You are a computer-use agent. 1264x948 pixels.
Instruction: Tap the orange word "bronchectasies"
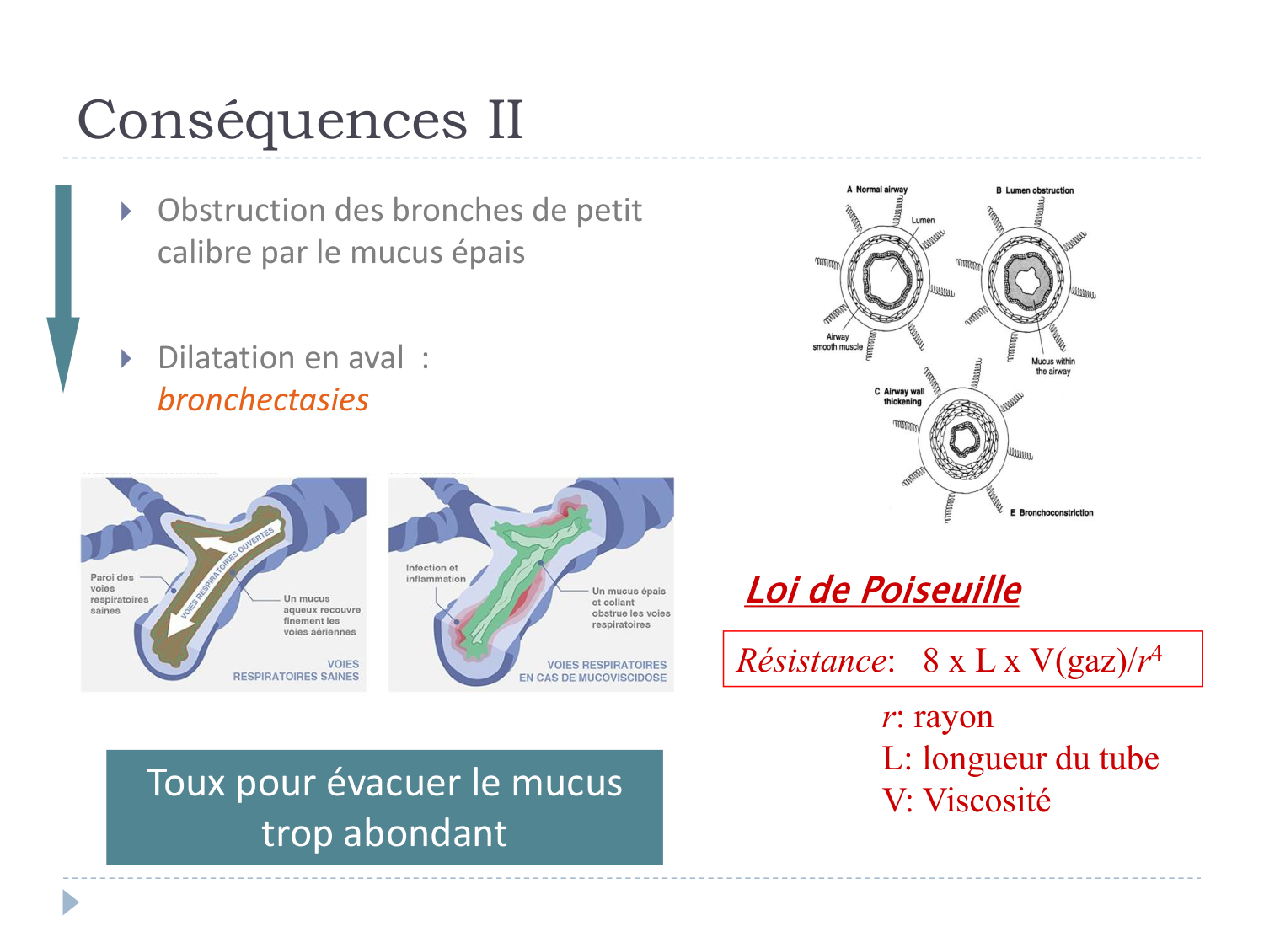click(263, 399)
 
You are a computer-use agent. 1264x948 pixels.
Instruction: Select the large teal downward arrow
click(63, 287)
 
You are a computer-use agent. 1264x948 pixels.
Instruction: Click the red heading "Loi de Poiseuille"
click(882, 590)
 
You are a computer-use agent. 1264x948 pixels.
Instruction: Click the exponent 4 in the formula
click(1155, 652)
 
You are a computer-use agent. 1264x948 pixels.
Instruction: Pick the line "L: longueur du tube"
click(1020, 758)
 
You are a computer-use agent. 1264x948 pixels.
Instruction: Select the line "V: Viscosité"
click(966, 801)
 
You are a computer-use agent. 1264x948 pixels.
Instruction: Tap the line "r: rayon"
click(937, 717)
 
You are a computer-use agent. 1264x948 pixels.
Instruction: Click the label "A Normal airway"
click(877, 190)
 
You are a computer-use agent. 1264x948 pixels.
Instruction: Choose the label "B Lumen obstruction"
click(1035, 190)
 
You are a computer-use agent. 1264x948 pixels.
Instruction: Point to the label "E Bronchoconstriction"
click(1052, 512)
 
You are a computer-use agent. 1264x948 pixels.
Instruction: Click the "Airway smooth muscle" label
click(838, 341)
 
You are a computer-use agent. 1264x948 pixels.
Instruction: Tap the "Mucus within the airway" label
click(1053, 366)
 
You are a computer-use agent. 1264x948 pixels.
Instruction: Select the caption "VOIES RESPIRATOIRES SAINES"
click(297, 670)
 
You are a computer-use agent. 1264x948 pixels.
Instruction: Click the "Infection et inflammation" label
click(436, 573)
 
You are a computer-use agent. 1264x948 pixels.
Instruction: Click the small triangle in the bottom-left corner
click(71, 902)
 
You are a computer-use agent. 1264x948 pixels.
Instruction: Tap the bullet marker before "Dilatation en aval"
click(126, 359)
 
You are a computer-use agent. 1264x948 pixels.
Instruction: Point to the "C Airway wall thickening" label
click(900, 396)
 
